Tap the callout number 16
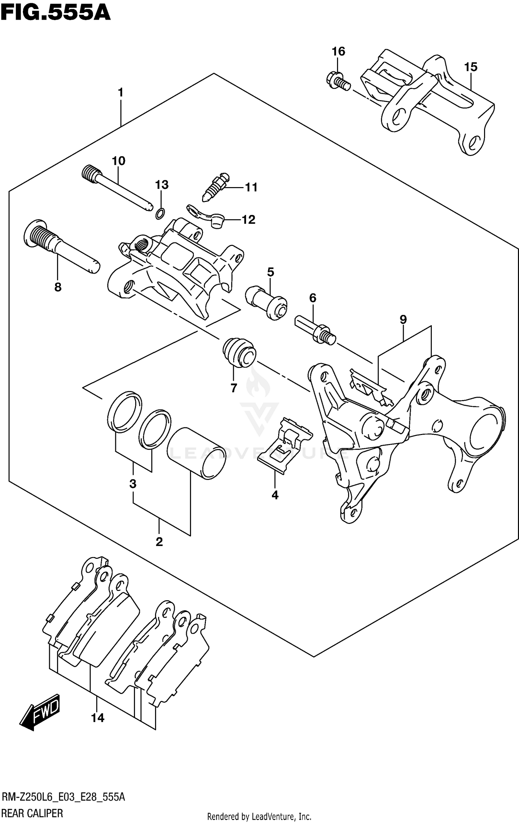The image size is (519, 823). click(x=338, y=52)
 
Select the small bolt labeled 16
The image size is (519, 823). click(x=338, y=81)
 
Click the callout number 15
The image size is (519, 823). click(x=471, y=67)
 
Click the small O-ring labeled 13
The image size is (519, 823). click(x=160, y=214)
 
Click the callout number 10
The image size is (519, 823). click(x=118, y=161)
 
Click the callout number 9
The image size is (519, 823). click(x=403, y=319)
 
